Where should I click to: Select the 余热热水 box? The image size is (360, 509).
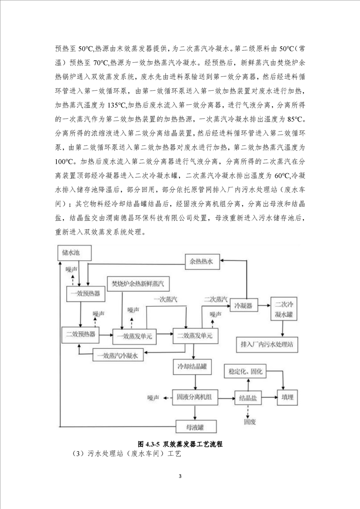pos(204,260)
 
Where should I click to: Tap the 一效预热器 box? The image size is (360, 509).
pos(85,294)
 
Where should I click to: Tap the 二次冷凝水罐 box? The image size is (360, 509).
pos(285,308)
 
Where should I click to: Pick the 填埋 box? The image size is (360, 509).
pos(287,398)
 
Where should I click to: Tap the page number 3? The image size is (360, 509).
pos(180,476)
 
